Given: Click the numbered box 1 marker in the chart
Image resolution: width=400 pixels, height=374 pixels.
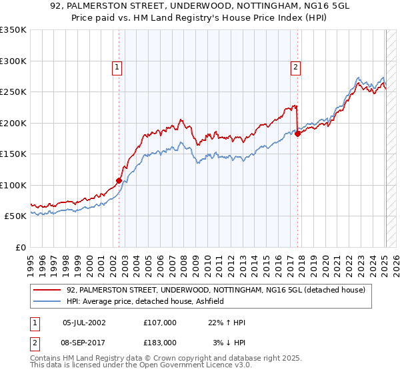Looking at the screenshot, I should [117, 67].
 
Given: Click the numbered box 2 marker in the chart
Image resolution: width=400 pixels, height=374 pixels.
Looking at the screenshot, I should [295, 67].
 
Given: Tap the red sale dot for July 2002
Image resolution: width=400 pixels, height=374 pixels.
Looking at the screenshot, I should [119, 180].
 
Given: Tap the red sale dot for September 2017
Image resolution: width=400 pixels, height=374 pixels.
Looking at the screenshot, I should [298, 133].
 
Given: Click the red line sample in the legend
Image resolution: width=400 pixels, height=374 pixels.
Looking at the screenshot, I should [48, 291].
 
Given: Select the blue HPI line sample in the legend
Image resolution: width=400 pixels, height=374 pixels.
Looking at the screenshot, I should [48, 302].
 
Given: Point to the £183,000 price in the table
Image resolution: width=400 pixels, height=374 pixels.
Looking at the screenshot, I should [160, 342].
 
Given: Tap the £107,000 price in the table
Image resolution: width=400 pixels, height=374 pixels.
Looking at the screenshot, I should [160, 323].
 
